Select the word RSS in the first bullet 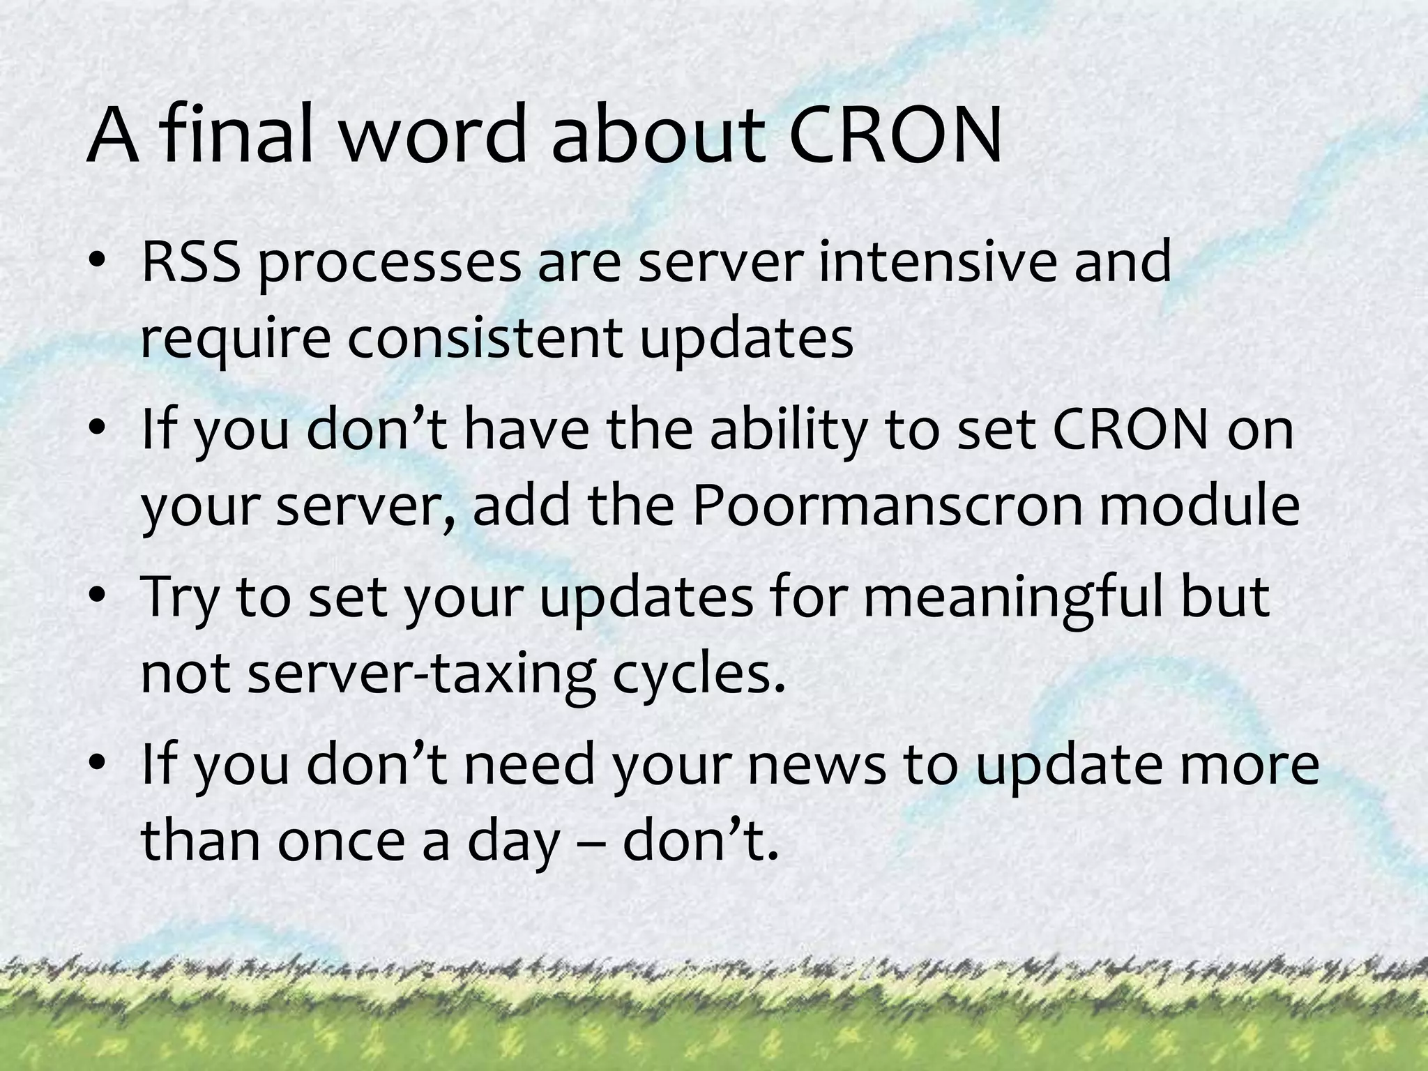tap(189, 262)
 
